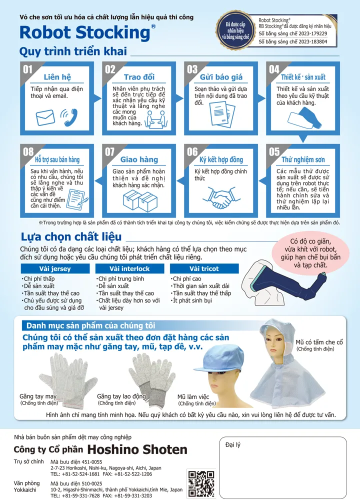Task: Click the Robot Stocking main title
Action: [x=85, y=32]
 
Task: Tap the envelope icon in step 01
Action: [x=45, y=117]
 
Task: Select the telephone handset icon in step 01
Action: [x=69, y=117]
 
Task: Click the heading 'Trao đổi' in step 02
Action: [x=139, y=77]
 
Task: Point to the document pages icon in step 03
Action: [x=222, y=114]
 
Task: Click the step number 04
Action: [x=274, y=69]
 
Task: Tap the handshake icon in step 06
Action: [x=219, y=197]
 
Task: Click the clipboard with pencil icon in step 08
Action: [x=77, y=199]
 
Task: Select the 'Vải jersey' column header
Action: [x=55, y=268]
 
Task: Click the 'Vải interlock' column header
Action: [x=130, y=268]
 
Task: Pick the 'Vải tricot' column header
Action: [x=204, y=268]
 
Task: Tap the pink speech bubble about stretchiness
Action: [x=310, y=253]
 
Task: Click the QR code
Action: [x=201, y=483]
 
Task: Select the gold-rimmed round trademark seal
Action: [x=235, y=30]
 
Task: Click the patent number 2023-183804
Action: [x=292, y=41]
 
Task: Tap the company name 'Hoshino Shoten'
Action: [x=137, y=449]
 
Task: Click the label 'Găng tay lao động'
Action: [x=121, y=396]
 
